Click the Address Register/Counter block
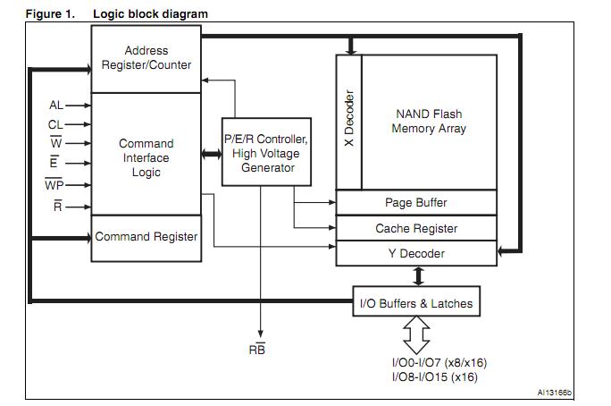pos(146,58)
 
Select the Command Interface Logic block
pos(146,157)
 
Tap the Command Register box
pos(146,237)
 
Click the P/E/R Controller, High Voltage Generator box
pos(266,153)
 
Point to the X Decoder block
pos(348,121)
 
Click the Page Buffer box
pos(415,203)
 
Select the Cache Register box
pos(415,228)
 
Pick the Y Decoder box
pos(415,253)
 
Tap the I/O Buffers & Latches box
pos(415,303)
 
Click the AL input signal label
pos(56,106)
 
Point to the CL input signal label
pos(56,124)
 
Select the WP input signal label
pos(54,185)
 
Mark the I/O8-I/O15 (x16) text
pos(434,376)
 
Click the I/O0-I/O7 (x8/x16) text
pos(439,362)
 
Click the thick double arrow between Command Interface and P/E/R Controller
pos(212,154)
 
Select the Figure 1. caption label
pos(50,14)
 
